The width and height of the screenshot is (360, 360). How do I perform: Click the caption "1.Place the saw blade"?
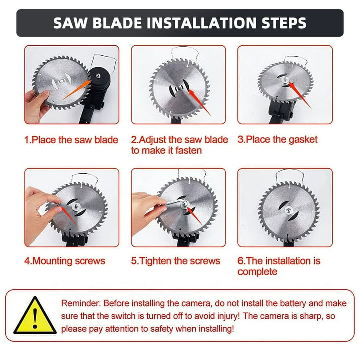71,140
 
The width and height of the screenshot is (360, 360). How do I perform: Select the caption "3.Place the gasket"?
278,140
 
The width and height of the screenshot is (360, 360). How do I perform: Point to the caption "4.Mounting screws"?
65,261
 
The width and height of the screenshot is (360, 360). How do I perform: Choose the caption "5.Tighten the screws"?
176,261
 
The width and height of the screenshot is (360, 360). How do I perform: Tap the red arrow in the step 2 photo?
199,102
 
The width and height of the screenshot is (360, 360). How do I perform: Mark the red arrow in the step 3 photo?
300,94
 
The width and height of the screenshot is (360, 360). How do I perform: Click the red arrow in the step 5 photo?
194,215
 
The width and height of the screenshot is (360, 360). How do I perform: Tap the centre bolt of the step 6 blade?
288,210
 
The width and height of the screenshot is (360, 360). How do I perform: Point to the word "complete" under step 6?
258,272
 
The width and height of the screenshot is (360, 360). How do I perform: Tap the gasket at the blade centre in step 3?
285,79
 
